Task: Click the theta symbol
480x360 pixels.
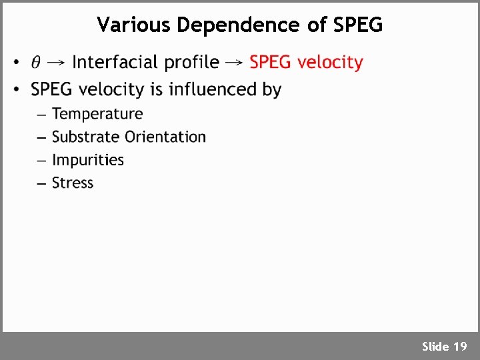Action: tap(36, 63)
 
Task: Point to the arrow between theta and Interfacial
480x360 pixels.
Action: tap(57, 63)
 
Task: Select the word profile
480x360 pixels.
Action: tap(192, 63)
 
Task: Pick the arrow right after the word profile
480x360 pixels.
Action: tap(234, 63)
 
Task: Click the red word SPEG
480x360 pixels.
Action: tap(271, 62)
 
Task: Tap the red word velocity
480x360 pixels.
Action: tap(330, 62)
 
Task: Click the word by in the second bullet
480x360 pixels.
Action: tap(271, 90)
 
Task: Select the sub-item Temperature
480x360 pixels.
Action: tap(97, 114)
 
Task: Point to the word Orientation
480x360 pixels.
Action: tap(166, 137)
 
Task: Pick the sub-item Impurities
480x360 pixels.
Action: tap(88, 160)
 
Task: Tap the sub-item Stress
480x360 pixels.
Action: tap(73, 183)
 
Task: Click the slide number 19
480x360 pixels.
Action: tap(460, 346)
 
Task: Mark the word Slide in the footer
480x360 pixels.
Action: tap(435, 346)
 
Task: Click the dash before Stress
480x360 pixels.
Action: tap(41, 183)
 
